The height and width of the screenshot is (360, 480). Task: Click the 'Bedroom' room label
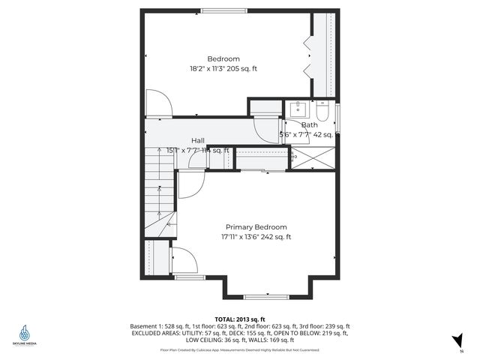tap(223, 59)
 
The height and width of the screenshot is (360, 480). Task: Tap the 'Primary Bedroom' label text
tap(256, 226)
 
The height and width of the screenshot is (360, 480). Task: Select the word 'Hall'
tap(198, 140)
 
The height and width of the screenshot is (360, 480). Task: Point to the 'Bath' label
tap(309, 125)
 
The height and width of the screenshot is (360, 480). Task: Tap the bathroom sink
tap(296, 108)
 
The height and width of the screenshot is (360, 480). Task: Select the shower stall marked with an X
tap(313, 158)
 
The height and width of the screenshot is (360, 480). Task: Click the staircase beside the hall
tap(160, 195)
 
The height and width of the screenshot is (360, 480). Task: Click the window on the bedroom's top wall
tap(220, 10)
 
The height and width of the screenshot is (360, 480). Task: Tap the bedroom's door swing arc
tap(160, 103)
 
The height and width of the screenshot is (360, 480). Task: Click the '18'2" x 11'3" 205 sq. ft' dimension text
tap(223, 69)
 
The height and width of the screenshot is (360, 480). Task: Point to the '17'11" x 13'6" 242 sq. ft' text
tap(256, 237)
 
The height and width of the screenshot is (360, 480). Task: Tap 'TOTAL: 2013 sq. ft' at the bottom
tap(240, 319)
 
